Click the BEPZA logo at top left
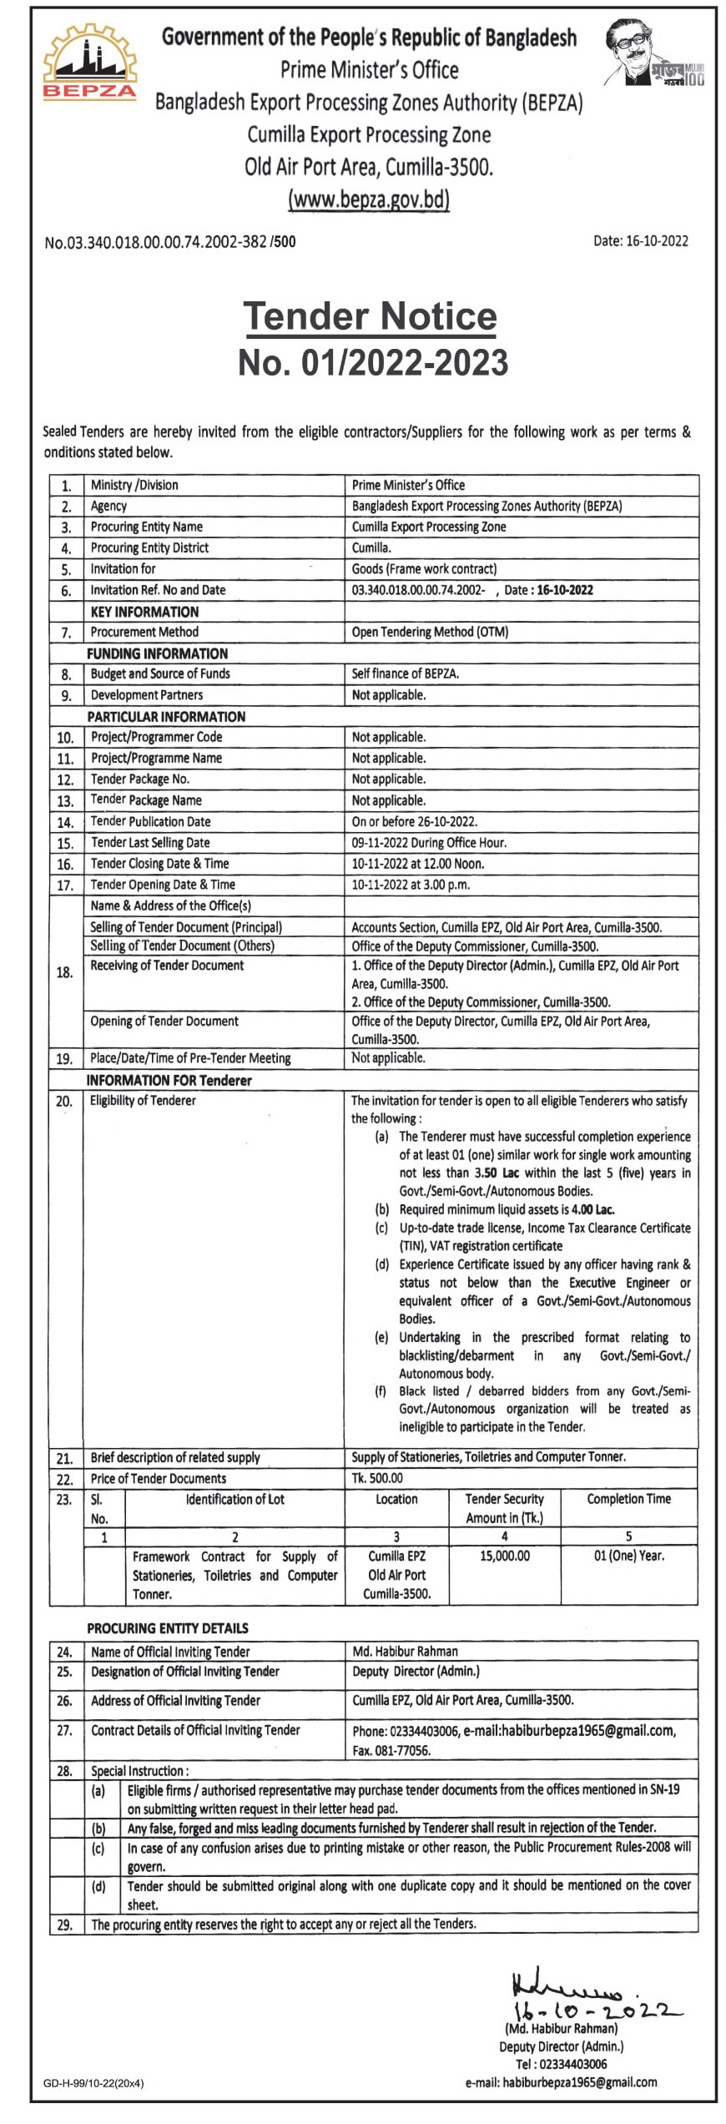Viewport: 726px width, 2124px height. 89,64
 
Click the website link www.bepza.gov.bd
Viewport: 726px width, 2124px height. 369,200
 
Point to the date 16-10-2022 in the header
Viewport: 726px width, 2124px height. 640,241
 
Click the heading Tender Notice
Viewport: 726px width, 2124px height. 370,316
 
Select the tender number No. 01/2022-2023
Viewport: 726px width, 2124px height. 372,362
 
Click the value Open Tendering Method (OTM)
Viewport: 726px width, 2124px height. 430,632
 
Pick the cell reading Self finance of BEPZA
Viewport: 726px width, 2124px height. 406,674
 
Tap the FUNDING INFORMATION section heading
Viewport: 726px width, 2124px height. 157,653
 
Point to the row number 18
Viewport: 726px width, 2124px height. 64,972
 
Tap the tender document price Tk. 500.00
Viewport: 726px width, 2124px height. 377,1478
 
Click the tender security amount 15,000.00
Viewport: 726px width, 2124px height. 504,1556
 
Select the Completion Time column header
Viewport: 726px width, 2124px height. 628,1499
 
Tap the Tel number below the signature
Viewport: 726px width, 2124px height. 561,2064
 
